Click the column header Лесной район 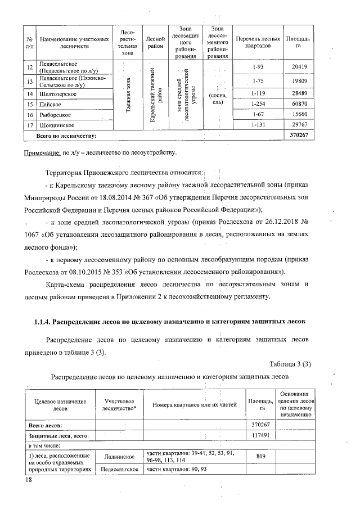(x=155, y=39)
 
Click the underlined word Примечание (x=43, y=152)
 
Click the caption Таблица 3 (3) (x=290, y=364)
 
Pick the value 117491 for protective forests (x=262, y=435)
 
